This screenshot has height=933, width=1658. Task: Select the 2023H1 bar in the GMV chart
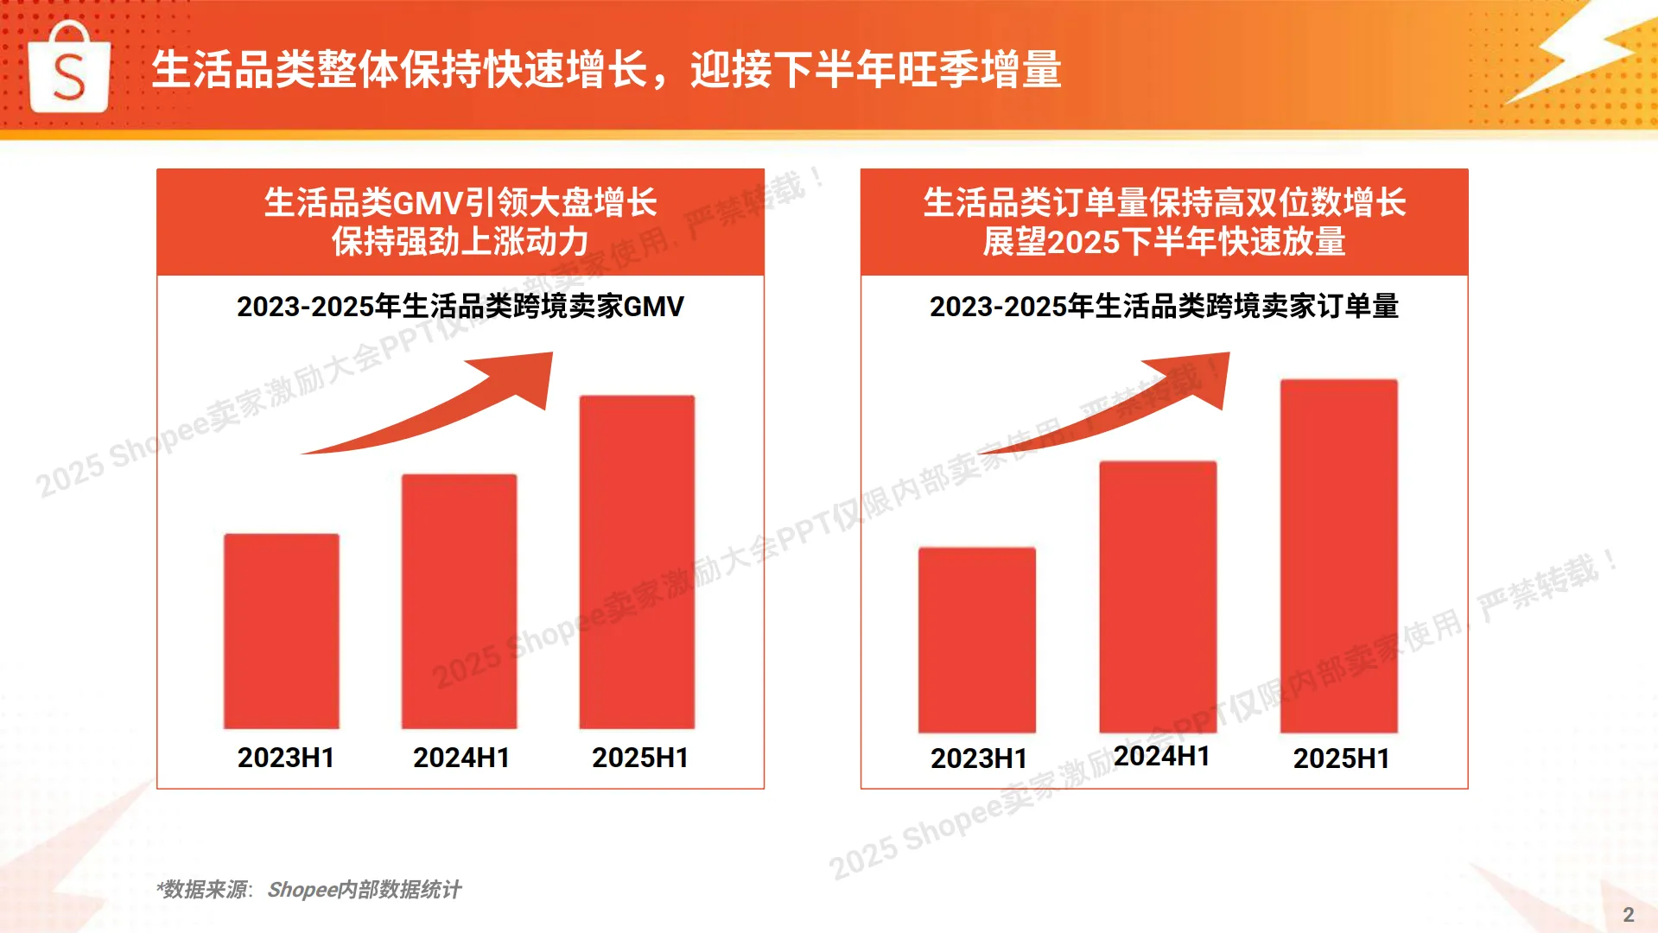tap(282, 631)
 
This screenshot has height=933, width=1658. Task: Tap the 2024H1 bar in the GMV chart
tap(459, 601)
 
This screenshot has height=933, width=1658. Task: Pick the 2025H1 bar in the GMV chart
tap(637, 562)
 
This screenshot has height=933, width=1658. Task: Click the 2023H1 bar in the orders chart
tap(976, 639)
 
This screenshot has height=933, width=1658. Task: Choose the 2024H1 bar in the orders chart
tap(1158, 596)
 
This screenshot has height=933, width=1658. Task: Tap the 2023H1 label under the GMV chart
tap(286, 758)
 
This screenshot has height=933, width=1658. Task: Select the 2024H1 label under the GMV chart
tap(461, 758)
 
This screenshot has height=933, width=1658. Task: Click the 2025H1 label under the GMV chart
tap(640, 758)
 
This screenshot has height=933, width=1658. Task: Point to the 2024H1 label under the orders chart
tap(1161, 756)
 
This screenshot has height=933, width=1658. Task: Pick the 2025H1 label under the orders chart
tap(1341, 758)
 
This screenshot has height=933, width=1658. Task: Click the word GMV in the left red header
tap(429, 204)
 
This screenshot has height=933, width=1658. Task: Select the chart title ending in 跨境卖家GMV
tap(461, 306)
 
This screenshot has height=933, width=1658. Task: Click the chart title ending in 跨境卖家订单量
tap(1164, 306)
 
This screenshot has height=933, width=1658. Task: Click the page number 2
tap(1629, 915)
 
